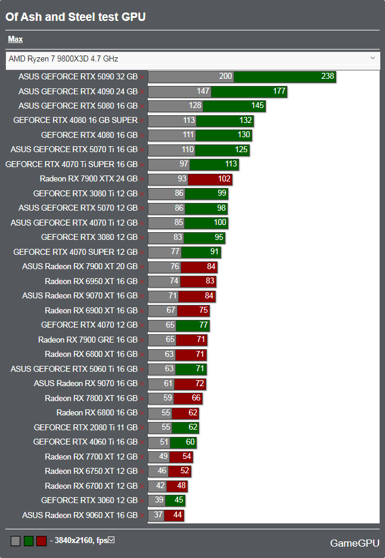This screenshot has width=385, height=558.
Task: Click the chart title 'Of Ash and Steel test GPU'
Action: pos(76,17)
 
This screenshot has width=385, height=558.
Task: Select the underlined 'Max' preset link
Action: pos(15,39)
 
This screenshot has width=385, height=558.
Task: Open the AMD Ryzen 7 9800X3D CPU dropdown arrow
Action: pos(373,58)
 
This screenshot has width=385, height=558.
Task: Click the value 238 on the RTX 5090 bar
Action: pos(328,76)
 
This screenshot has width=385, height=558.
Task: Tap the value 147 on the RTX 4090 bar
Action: pos(203,91)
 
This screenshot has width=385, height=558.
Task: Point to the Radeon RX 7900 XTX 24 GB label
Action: pos(89,178)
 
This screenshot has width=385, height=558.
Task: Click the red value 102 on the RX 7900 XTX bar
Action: pos(224,178)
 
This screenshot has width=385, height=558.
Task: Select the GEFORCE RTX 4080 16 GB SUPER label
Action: pos(75,120)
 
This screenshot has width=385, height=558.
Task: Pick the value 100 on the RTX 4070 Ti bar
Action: pos(220,223)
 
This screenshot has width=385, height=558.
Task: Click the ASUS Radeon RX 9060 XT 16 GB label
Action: pos(80,515)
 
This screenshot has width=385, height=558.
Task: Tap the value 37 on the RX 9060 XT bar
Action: pos(157,515)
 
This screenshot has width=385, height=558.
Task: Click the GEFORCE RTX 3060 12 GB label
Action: pos(89,500)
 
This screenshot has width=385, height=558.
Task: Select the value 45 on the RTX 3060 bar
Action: pos(178,500)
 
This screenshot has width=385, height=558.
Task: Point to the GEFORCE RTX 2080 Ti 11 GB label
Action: pos(86,427)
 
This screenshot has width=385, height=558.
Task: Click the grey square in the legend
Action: pos(15,541)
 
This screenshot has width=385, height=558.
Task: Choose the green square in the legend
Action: pos(29,541)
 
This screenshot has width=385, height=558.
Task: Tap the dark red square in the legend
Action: pos(41,541)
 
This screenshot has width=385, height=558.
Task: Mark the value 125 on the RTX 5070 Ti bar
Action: pos(241,149)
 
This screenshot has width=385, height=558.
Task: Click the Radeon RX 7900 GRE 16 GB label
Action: pos(88,340)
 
